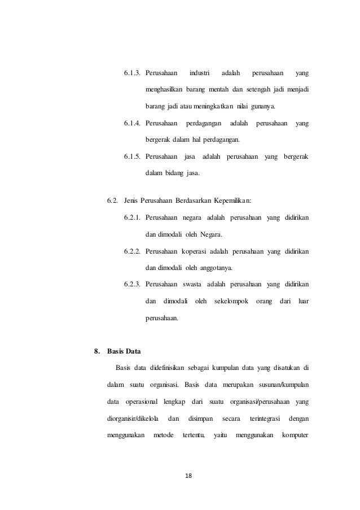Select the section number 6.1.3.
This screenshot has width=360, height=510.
[132, 73]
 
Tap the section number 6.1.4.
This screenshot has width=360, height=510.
[132, 123]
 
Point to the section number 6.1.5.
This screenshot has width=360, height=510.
[132, 156]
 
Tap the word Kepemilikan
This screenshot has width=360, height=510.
[231, 200]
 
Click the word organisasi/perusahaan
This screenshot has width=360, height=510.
[257, 402]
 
